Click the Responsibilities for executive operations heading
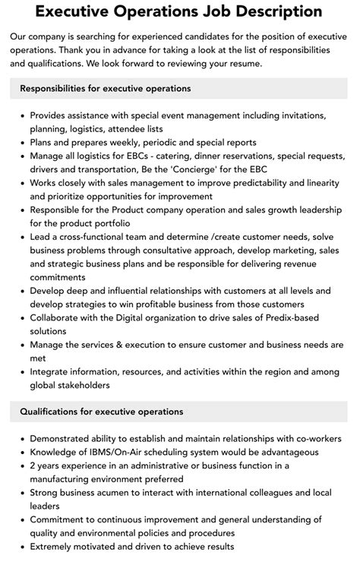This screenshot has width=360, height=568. pyautogui.click(x=105, y=89)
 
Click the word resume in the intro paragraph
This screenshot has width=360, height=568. pyautogui.click(x=245, y=64)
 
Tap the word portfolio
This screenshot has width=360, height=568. pyautogui.click(x=111, y=223)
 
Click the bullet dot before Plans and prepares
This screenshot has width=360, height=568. pyautogui.click(x=21, y=142)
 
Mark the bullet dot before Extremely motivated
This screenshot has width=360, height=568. pyautogui.click(x=21, y=547)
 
